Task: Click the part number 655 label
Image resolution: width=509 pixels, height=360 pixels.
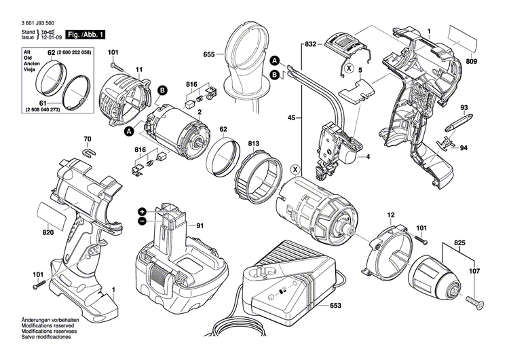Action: pyautogui.click(x=210, y=54)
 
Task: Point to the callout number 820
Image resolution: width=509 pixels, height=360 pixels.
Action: pyautogui.click(x=47, y=232)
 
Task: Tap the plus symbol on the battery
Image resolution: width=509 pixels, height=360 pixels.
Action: pyautogui.click(x=143, y=211)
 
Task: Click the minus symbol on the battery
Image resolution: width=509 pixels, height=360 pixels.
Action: pyautogui.click(x=143, y=221)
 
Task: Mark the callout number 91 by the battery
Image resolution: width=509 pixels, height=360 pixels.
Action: pyautogui.click(x=201, y=226)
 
